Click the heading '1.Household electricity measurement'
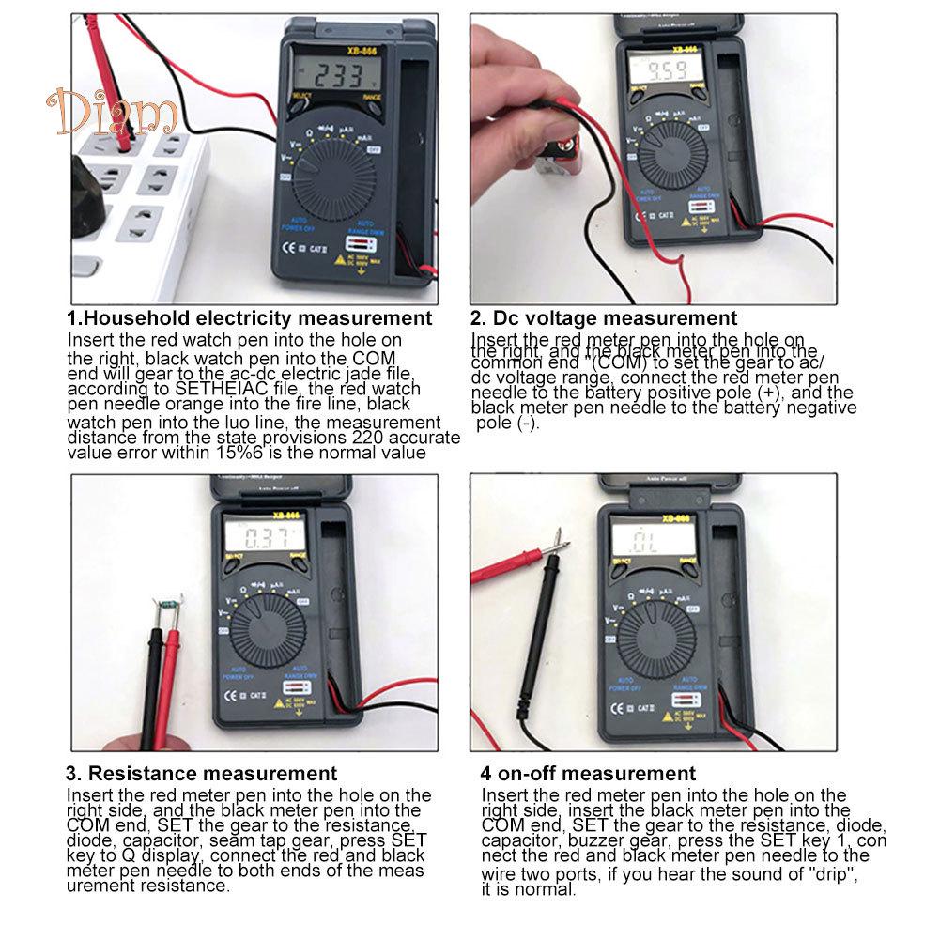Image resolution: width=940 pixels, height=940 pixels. [x=249, y=318]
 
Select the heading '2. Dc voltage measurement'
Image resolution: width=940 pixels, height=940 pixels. [x=604, y=318]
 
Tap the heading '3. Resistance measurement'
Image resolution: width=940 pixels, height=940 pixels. [x=201, y=774]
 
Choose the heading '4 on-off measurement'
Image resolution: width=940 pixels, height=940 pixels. [x=588, y=774]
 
